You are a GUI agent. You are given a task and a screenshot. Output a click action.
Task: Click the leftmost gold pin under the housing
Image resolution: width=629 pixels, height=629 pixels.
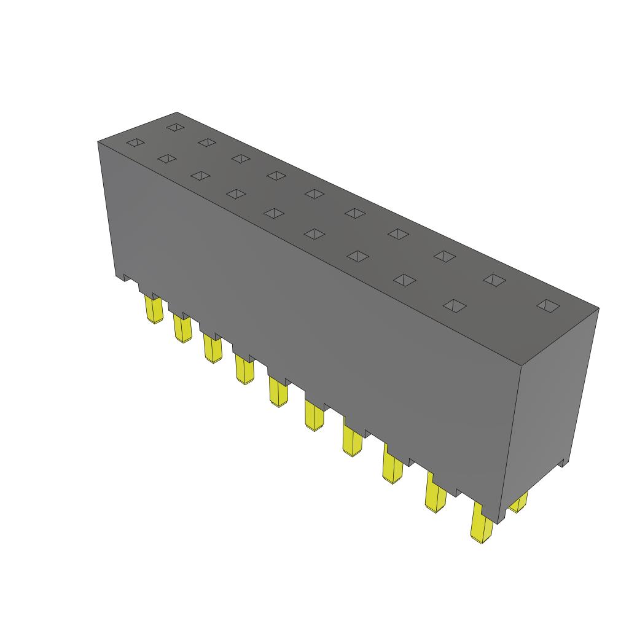click(x=153, y=310)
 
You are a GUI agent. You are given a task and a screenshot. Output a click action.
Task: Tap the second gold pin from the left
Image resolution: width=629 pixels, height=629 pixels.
click(x=182, y=327)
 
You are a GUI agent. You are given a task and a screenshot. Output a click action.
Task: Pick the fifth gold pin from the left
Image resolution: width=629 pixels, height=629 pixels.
click(x=278, y=392)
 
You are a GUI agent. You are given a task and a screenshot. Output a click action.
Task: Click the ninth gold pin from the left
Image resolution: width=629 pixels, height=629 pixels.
click(x=435, y=496)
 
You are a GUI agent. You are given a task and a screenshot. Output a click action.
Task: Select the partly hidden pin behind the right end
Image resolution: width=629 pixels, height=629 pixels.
click(x=518, y=503)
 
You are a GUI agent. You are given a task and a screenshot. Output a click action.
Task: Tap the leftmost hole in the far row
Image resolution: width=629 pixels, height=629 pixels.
click(x=175, y=127)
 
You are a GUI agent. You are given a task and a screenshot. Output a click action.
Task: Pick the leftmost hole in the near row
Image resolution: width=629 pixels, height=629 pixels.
click(x=135, y=143)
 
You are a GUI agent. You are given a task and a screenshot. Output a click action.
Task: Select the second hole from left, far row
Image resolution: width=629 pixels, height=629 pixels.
click(x=207, y=143)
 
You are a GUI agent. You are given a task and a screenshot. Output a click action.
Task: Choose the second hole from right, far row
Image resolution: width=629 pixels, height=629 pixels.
click(x=494, y=279)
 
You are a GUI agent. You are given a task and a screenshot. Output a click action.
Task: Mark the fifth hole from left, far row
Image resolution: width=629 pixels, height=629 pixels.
click(x=314, y=194)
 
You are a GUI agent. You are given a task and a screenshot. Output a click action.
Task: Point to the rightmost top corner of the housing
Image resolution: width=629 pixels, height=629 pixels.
click(x=598, y=308)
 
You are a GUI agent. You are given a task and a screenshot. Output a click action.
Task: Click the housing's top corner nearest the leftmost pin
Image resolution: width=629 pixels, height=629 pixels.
click(x=98, y=142)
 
